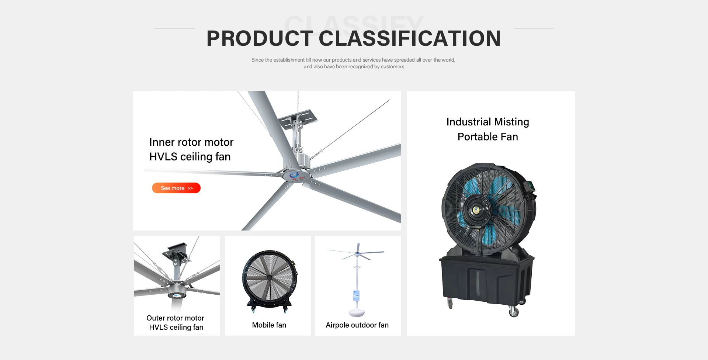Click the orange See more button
click(x=176, y=188)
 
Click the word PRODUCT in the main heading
click(x=260, y=38)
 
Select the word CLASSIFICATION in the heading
click(x=410, y=38)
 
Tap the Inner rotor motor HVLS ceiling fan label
click(x=191, y=149)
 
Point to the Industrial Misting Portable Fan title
click(x=487, y=129)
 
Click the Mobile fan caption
click(x=269, y=325)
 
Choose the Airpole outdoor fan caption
click(x=357, y=325)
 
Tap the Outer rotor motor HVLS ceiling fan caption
click(x=176, y=322)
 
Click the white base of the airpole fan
click(x=357, y=313)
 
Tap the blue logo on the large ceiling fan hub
click(x=294, y=175)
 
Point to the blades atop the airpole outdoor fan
click(x=357, y=254)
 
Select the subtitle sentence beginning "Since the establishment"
click(x=354, y=63)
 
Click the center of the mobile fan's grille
click(x=270, y=277)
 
